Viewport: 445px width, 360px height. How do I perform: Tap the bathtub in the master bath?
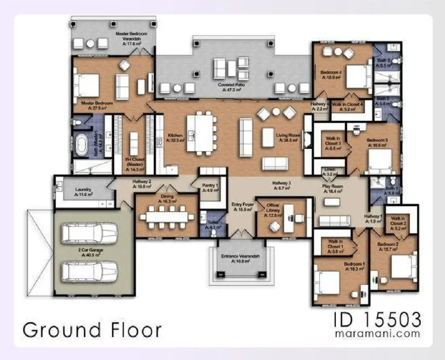(x=82, y=145)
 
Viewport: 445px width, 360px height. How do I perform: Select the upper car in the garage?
(x=90, y=233)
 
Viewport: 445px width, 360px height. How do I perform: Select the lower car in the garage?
(x=90, y=271)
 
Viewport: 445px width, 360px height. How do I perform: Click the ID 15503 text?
(x=377, y=320)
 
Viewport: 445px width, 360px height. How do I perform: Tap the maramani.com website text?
(x=377, y=334)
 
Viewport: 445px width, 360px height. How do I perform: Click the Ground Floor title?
(x=92, y=330)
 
